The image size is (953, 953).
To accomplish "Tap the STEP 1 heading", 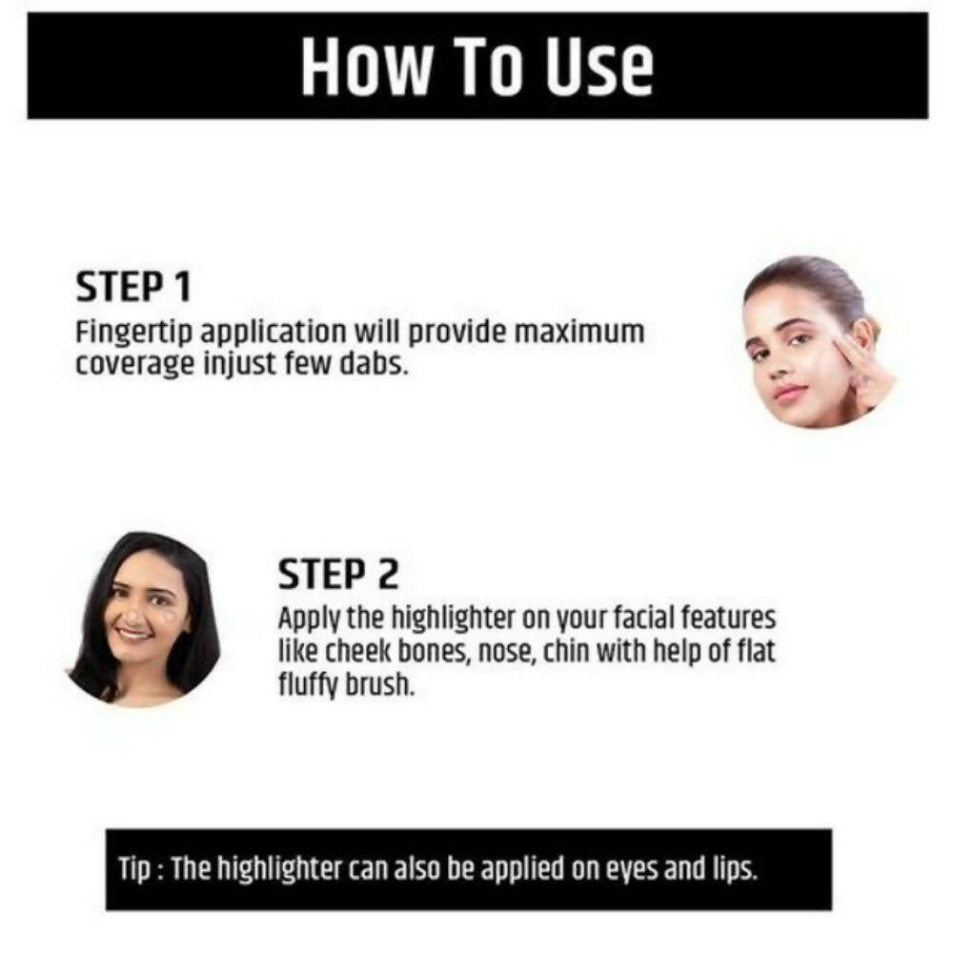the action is pyautogui.click(x=133, y=287).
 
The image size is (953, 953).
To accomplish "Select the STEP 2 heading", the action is pyautogui.click(x=338, y=574).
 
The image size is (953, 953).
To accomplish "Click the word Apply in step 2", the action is pyautogui.click(x=310, y=620).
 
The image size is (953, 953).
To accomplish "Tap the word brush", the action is pyautogui.click(x=380, y=685).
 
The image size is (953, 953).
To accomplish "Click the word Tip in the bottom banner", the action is pyautogui.click(x=133, y=870).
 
